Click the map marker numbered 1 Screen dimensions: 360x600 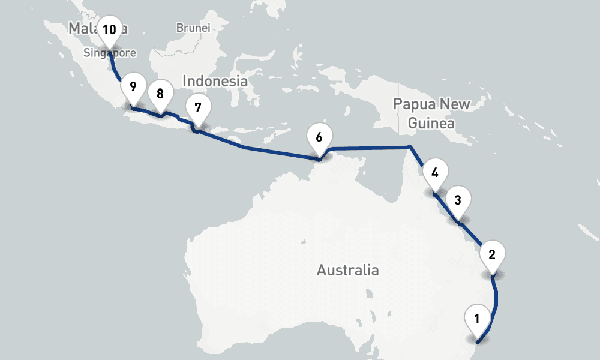coord(477,319)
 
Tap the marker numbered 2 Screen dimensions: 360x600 coord(492,254)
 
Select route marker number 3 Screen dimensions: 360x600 coord(458,200)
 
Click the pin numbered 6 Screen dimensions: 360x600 coord(319,137)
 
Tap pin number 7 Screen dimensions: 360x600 coord(199,108)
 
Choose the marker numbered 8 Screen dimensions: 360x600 coord(160,94)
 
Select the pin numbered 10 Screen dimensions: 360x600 coord(109,29)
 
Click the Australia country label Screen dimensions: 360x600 coord(347,270)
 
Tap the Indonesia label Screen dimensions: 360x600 coord(215,80)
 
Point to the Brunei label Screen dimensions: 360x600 coord(193,28)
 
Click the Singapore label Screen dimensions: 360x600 coord(110,53)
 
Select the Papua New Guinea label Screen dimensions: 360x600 coord(431,113)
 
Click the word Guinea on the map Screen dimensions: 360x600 coord(431,124)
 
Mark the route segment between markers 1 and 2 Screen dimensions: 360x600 coord(496,300)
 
